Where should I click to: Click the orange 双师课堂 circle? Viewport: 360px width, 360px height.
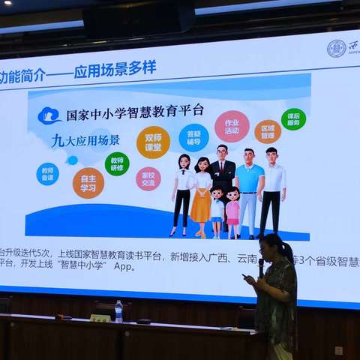pos(153,142)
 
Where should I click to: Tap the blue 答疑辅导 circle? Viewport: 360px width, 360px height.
pos(194,137)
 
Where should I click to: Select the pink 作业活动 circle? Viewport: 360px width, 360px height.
pos(232,127)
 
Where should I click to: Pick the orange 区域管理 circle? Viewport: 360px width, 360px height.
pos(268,132)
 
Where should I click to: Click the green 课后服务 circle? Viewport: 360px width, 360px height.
pos(293,119)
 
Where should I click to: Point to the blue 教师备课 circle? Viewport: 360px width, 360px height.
pos(47,173)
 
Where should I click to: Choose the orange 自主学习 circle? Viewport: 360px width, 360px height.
pos(88,182)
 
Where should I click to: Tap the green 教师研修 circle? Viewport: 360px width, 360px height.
pos(117,163)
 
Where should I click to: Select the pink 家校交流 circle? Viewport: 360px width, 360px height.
pos(148,178)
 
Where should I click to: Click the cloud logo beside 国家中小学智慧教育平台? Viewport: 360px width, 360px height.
pos(49,115)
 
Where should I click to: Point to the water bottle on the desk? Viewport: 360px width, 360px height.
pos(118,311)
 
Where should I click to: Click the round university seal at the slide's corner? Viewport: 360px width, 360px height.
pos(336,49)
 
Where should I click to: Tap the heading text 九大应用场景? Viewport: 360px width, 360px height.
pos(85,140)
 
